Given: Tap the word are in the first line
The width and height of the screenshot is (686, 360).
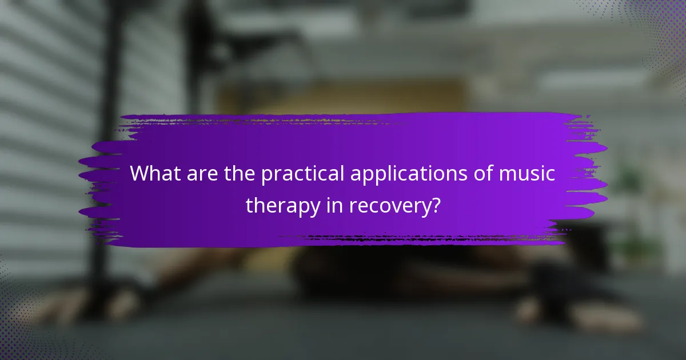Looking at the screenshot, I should (200, 174).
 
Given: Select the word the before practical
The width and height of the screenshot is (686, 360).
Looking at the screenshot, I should (238, 174).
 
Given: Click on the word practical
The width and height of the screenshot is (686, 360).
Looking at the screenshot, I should (299, 174).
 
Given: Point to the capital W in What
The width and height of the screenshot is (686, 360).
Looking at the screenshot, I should (140, 174).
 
